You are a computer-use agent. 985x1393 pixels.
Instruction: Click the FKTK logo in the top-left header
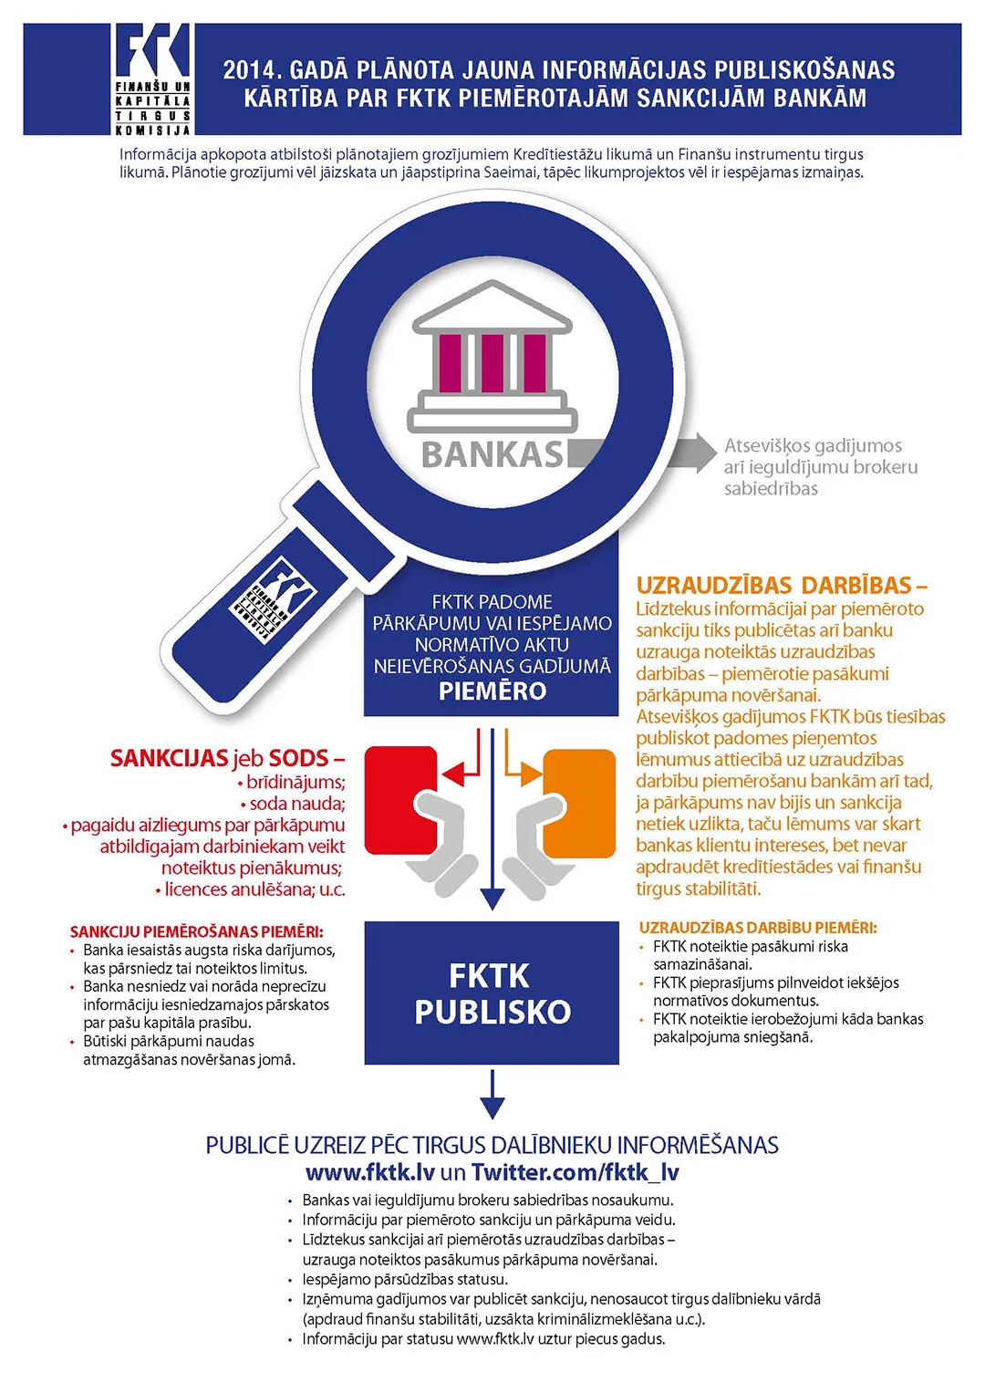coord(152,78)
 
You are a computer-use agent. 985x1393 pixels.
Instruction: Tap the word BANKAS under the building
coord(493,453)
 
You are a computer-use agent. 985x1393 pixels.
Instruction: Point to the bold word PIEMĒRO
coord(492,691)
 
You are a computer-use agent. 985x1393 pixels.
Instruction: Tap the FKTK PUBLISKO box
coord(492,993)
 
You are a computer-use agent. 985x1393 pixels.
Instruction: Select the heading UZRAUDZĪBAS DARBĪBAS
coord(781,585)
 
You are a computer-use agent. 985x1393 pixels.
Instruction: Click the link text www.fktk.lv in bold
coord(369,1172)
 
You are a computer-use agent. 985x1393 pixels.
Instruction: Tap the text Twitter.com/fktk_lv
coord(575,1172)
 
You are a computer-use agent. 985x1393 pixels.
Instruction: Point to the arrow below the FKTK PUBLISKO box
coord(492,1095)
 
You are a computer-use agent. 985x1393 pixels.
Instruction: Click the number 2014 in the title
coord(248,70)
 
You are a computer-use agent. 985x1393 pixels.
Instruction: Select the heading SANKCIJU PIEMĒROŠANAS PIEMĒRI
coord(196,931)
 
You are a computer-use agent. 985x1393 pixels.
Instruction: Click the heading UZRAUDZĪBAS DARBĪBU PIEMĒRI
coord(758,928)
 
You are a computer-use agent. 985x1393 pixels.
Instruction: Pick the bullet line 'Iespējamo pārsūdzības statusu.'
coord(405,1279)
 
